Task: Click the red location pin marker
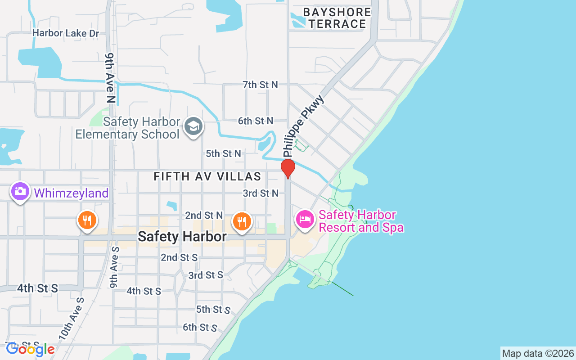(288, 168)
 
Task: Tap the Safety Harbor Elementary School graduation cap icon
(194, 127)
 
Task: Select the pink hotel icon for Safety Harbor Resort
(305, 220)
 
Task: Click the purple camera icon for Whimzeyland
(20, 191)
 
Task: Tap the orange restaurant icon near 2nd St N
(242, 221)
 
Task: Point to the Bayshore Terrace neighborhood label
(337, 18)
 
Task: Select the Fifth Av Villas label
(207, 176)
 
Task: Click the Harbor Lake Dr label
(66, 33)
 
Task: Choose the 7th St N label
(260, 85)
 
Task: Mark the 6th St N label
(256, 121)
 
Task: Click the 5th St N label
(223, 153)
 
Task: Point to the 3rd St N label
(261, 193)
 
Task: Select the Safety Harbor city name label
(182, 236)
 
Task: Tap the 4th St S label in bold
(38, 288)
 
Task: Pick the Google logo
(30, 349)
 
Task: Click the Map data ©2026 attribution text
(538, 353)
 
